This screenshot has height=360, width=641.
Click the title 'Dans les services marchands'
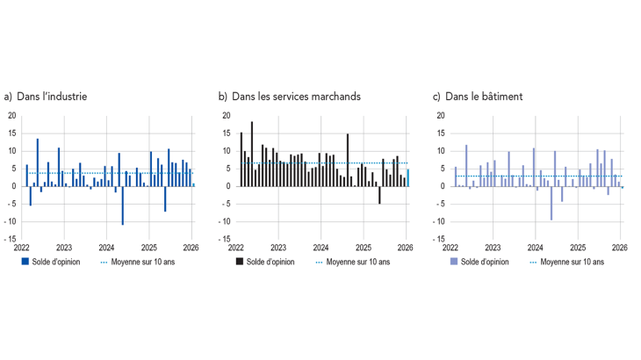click(x=294, y=97)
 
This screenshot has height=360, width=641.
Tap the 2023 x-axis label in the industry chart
click(x=64, y=248)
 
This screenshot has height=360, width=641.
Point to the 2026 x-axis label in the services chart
click(x=405, y=248)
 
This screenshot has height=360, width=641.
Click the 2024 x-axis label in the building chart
click(x=535, y=248)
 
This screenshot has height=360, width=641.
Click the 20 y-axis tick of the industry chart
click(x=11, y=116)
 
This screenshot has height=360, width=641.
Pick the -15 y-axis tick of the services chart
click(x=224, y=239)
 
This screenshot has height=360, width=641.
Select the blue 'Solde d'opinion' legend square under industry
click(x=25, y=262)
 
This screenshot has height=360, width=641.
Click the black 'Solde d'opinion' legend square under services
click(x=239, y=262)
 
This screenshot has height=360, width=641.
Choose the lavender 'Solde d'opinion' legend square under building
click(x=454, y=262)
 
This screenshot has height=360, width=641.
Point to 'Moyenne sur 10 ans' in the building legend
click(x=572, y=262)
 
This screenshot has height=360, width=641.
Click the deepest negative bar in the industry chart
click(x=122, y=205)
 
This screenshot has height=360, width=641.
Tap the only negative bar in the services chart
click(x=379, y=195)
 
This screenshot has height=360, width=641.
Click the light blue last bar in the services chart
click(x=407, y=177)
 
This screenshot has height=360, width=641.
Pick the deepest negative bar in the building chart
click(x=551, y=203)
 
